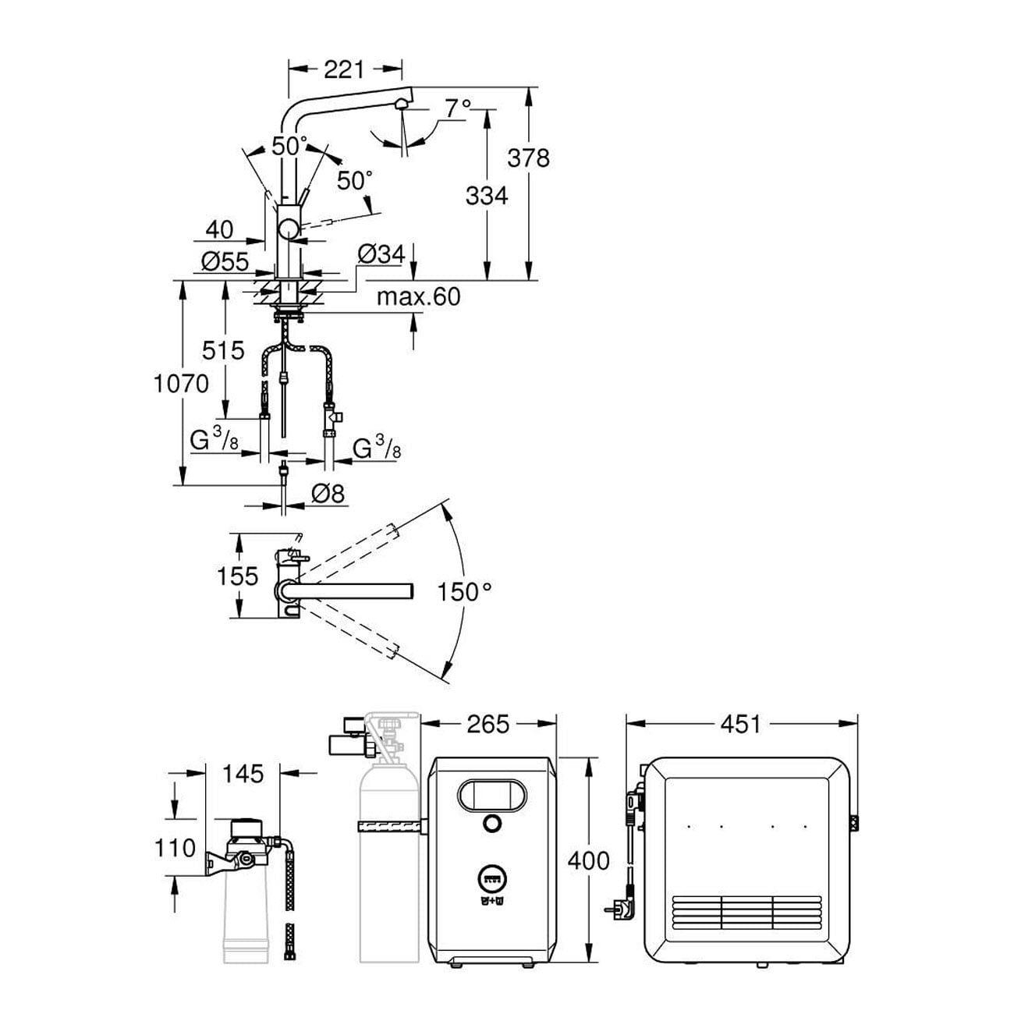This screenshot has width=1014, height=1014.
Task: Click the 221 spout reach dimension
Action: point(344,69)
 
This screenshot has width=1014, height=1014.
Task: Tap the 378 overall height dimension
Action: point(528,158)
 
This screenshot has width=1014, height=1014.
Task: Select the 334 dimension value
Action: point(487,195)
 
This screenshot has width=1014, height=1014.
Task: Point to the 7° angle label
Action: point(459,108)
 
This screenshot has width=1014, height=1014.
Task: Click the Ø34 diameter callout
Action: point(382,253)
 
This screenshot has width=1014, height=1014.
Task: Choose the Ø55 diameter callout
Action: point(225,262)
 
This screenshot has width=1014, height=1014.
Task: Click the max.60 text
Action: point(418,297)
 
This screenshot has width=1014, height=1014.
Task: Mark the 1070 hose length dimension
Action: point(181,383)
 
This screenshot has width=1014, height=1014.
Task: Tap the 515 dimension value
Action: point(224,350)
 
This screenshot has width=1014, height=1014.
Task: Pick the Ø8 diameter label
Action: point(328,493)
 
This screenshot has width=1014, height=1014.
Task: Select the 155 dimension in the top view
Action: point(237,576)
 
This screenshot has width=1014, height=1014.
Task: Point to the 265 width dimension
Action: point(487,724)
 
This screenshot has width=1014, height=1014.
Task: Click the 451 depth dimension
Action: point(740,724)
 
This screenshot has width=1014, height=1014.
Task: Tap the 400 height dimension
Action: point(589,860)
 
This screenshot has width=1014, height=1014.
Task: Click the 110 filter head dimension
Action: point(174,847)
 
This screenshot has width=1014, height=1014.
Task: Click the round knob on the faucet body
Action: point(289,229)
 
